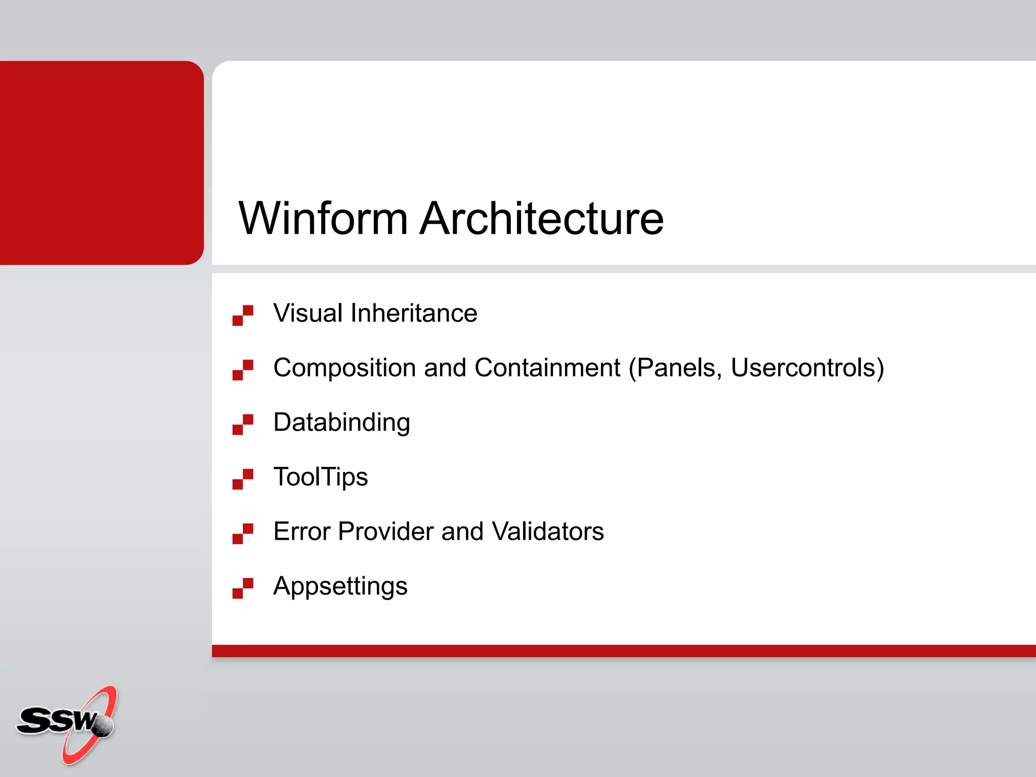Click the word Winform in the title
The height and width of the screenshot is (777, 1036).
323,219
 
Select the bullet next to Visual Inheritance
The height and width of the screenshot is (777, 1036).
243,315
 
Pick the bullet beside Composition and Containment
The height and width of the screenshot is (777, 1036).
243,370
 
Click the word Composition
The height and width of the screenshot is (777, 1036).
344,368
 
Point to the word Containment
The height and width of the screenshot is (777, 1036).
547,368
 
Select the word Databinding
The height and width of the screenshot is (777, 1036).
341,423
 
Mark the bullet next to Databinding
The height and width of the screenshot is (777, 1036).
243,424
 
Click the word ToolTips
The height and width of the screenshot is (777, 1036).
320,477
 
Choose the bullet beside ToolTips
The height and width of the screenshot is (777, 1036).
243,479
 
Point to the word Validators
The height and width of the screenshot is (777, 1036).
547,532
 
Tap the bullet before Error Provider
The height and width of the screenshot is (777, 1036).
243,534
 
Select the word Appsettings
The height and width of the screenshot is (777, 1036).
340,587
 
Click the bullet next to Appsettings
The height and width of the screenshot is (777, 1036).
243,588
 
